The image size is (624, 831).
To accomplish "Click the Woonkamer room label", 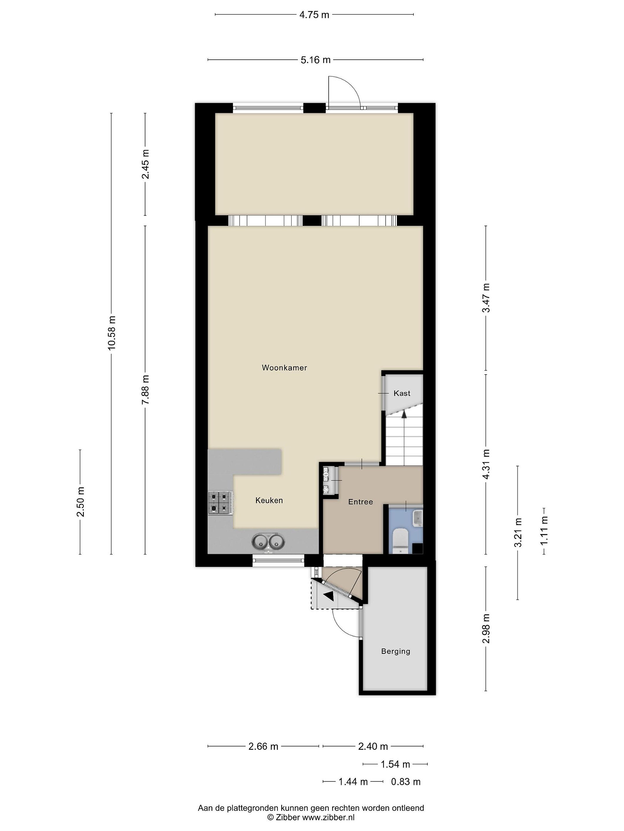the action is (284, 368).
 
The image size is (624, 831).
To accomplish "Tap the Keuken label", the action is (269, 500).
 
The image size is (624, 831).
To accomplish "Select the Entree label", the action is (360, 502).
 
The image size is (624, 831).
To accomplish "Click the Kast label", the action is (402, 393).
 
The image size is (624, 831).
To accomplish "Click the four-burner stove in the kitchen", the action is (220, 503).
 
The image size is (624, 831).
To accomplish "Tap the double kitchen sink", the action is (268, 542).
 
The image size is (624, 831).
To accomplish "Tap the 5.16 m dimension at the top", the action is (315, 60).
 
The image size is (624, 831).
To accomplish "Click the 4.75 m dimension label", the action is (314, 15).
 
